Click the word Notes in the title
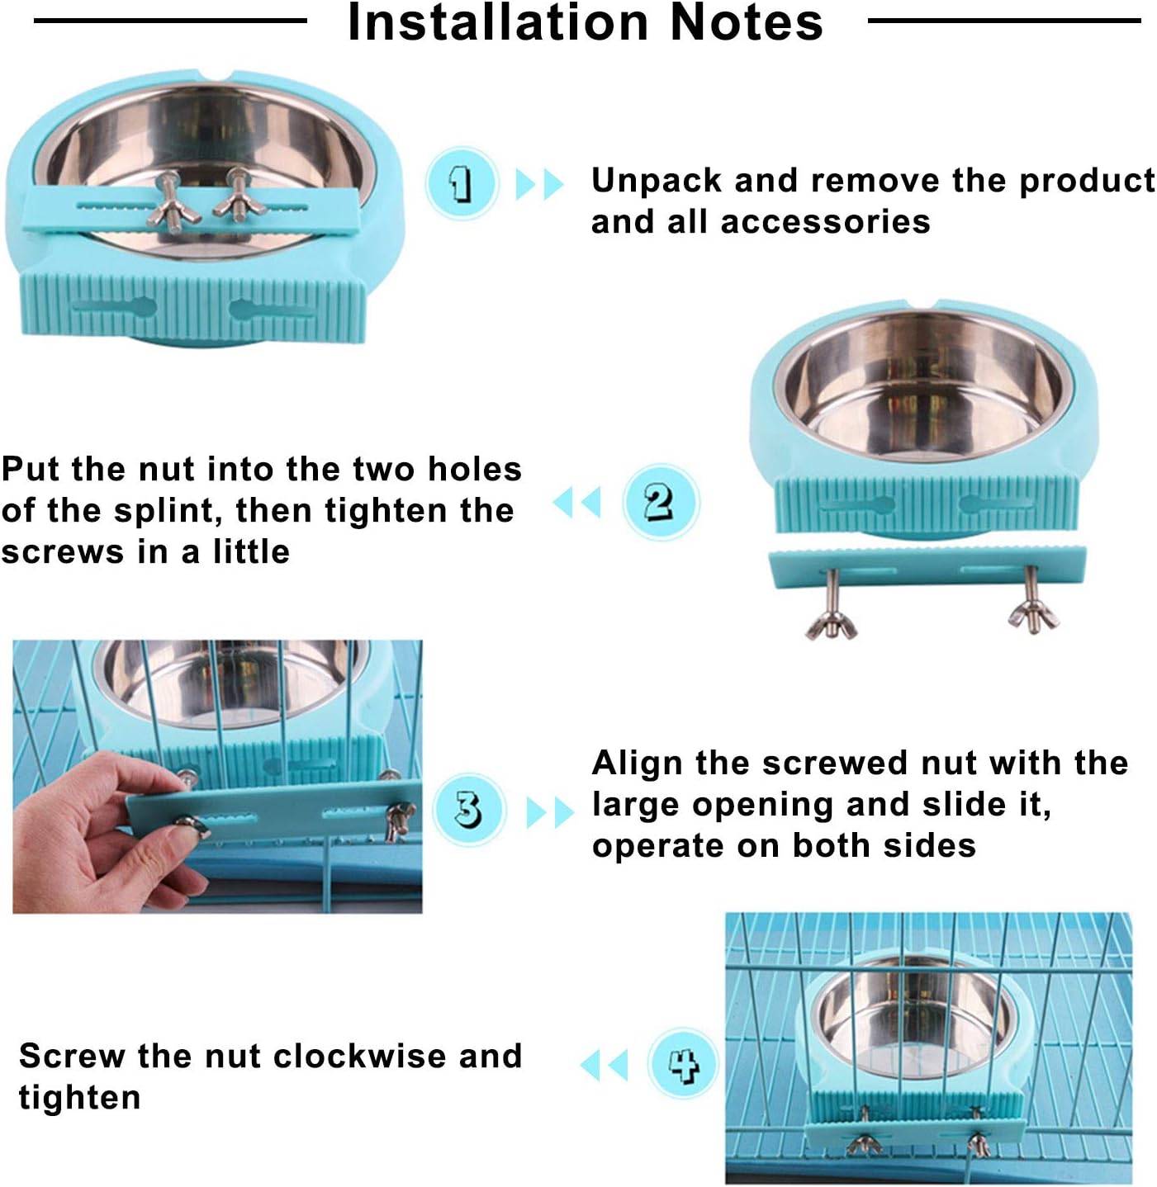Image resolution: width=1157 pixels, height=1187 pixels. (747, 22)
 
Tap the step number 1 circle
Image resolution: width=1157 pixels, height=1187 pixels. (462, 183)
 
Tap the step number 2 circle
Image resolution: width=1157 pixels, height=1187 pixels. (660, 502)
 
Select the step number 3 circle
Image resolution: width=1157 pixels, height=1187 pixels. (468, 809)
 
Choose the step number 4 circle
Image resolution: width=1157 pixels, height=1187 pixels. (682, 1063)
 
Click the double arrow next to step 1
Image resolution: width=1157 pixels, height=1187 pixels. (539, 184)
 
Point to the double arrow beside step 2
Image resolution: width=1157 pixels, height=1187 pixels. (576, 502)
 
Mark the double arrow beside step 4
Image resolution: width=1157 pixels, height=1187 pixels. (605, 1065)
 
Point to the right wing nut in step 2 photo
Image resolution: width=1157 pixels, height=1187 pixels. (1032, 614)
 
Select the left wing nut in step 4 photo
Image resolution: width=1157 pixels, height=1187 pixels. (864, 1142)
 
